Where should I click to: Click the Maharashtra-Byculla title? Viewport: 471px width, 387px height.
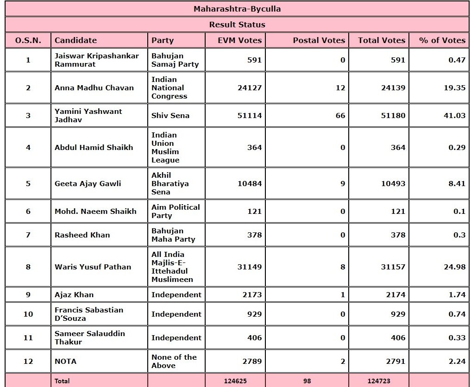[237, 9]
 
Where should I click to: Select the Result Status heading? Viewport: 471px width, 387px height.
[237, 25]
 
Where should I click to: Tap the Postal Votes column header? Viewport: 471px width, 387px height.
[319, 40]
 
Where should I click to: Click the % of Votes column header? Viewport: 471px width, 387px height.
[442, 40]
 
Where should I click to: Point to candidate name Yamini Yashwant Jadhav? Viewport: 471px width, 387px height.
[88, 115]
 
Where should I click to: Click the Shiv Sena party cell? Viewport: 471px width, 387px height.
[170, 115]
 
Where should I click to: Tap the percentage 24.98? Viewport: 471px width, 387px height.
[454, 267]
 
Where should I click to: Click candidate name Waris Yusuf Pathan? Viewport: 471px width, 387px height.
[93, 267]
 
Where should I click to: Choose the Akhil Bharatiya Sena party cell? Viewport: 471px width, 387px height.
[170, 183]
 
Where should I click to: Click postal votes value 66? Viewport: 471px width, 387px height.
[340, 115]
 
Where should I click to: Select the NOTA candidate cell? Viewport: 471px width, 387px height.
[65, 361]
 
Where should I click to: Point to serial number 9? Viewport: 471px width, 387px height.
[28, 294]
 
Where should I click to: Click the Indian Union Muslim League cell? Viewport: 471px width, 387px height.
[165, 147]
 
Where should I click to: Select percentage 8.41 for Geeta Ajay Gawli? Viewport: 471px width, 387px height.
[457, 183]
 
